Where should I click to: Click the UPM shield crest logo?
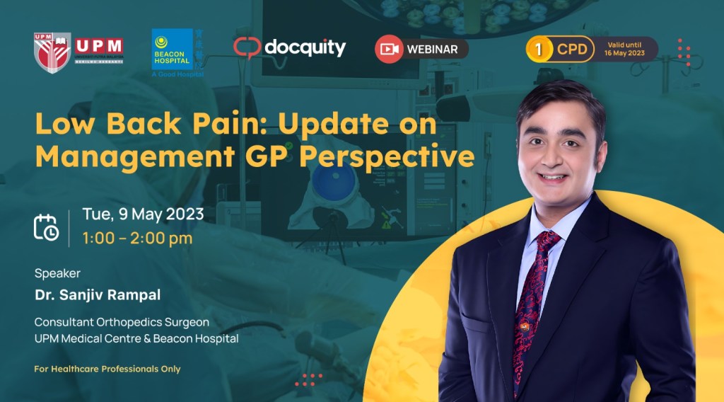click(x=53, y=52)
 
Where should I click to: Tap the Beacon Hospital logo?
click(x=172, y=50)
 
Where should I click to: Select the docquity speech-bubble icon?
click(x=247, y=48)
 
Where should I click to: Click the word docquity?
click(x=305, y=47)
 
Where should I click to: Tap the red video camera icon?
click(x=389, y=49)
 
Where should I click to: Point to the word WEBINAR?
click(x=433, y=50)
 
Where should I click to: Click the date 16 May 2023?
click(x=626, y=54)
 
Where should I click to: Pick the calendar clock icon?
click(x=46, y=226)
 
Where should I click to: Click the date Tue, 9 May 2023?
click(x=143, y=214)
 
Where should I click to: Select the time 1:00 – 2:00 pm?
click(x=137, y=239)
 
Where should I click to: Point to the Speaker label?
click(x=57, y=273)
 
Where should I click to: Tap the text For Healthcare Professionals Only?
click(x=107, y=369)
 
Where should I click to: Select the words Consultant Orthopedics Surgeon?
click(x=122, y=322)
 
